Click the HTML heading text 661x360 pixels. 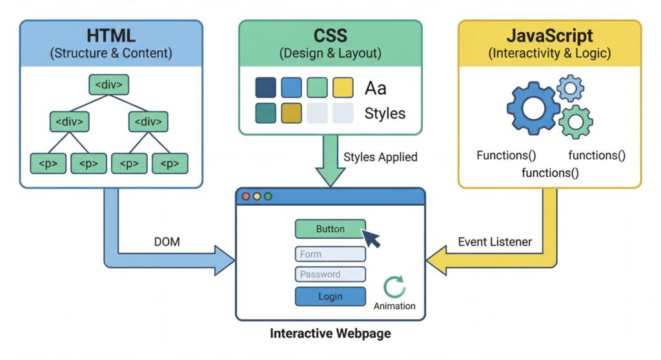111,36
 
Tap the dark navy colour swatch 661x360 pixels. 266,88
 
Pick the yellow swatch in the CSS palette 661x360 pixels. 343,88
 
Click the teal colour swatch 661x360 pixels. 266,113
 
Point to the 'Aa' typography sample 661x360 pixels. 376,88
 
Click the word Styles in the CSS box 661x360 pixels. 385,114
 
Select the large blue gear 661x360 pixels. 533,108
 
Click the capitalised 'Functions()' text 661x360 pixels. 507,155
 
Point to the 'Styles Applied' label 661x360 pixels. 380,157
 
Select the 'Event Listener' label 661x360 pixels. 495,242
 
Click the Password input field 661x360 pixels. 330,274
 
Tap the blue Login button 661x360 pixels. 330,297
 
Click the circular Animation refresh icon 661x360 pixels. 394,287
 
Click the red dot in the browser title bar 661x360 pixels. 245,196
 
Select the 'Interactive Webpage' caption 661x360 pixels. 330,334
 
